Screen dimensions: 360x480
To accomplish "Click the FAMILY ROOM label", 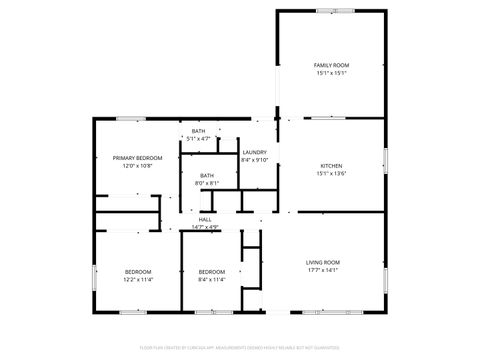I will click(x=332, y=65).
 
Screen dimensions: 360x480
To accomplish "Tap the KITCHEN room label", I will click(x=332, y=165).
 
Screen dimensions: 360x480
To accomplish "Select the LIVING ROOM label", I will click(x=323, y=262).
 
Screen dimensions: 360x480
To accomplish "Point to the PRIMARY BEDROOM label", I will click(x=138, y=158).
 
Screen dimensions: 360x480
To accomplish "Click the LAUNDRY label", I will click(x=255, y=152).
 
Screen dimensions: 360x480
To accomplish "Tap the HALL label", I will click(x=205, y=219).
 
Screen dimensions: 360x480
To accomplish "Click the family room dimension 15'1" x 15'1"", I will click(x=332, y=73).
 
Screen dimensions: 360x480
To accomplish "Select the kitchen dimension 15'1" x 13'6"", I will click(x=332, y=174).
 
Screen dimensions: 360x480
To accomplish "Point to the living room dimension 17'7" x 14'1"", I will click(x=323, y=270).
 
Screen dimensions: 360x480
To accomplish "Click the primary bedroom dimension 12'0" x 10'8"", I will click(x=138, y=166).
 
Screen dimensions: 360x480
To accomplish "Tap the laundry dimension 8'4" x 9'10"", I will click(x=256, y=160).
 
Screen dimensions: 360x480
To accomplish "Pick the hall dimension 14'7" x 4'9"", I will click(x=205, y=227).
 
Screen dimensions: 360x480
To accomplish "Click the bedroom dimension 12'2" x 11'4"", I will click(x=138, y=280).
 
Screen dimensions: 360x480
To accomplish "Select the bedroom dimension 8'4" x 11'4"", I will click(x=212, y=280).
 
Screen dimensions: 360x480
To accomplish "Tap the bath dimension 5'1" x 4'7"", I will click(x=199, y=139).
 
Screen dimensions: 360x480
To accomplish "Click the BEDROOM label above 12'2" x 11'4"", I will click(x=138, y=272).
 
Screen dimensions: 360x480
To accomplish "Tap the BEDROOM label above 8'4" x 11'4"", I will click(x=212, y=272).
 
